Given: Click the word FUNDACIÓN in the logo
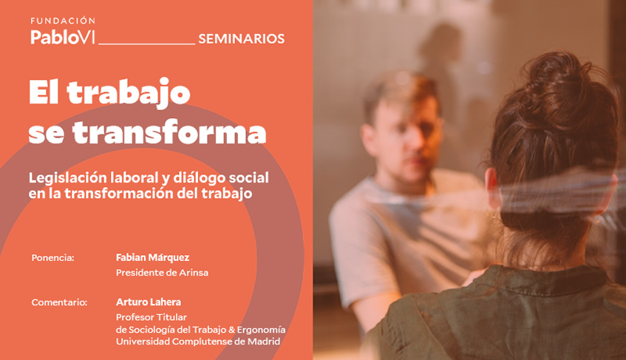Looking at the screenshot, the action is pos(63,21).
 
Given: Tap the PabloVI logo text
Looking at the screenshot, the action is pos(63,37).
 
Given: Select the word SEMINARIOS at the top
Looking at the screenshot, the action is pos(241,38).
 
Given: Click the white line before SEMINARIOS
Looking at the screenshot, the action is pos(146,44).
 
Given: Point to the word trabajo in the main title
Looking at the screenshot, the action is pos(129,93).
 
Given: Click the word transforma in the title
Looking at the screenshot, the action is pos(169,132).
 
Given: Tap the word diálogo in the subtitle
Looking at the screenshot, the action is pos(196,178).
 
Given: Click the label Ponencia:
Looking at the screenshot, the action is pos(52,258).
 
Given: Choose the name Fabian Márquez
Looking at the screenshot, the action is pos(152,257).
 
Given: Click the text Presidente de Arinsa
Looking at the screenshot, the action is pos(162,273).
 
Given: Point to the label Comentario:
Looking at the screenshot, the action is pos(59,302).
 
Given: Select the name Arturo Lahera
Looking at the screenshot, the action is pos(148,302).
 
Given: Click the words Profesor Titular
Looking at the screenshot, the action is pos(152,317).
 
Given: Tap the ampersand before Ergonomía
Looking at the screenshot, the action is pos(231,330).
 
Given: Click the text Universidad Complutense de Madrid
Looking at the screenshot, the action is pos(198,342).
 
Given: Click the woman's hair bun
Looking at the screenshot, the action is pos(557,84).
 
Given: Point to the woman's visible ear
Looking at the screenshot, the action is pos(491,188).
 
